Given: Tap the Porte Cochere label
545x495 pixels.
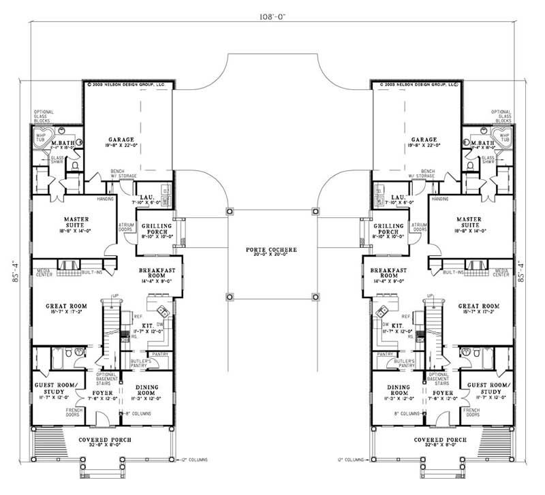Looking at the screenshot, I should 272,250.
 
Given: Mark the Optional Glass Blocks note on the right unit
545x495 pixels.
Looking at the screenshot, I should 501,117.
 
